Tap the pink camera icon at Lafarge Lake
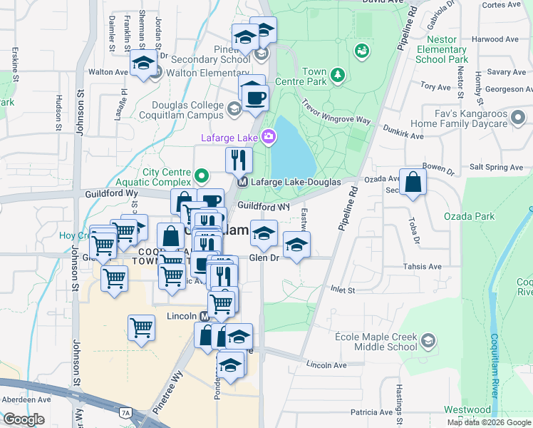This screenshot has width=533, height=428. point(269,136)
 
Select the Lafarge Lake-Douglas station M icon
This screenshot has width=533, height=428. point(242,182)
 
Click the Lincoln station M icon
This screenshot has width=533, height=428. point(205,315)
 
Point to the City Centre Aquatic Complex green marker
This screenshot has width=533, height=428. point(202,174)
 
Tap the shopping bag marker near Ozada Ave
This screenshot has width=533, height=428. point(413,183)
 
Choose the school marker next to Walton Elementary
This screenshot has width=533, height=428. point(143,64)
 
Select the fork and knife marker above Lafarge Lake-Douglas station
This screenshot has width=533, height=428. point(239,160)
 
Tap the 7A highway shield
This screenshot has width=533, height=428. point(126,412)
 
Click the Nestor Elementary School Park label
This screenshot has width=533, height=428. point(441,50)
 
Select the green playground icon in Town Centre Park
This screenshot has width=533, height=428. point(361,51)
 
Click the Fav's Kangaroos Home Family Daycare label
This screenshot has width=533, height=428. point(485,119)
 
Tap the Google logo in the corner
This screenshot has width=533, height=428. point(23,419)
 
